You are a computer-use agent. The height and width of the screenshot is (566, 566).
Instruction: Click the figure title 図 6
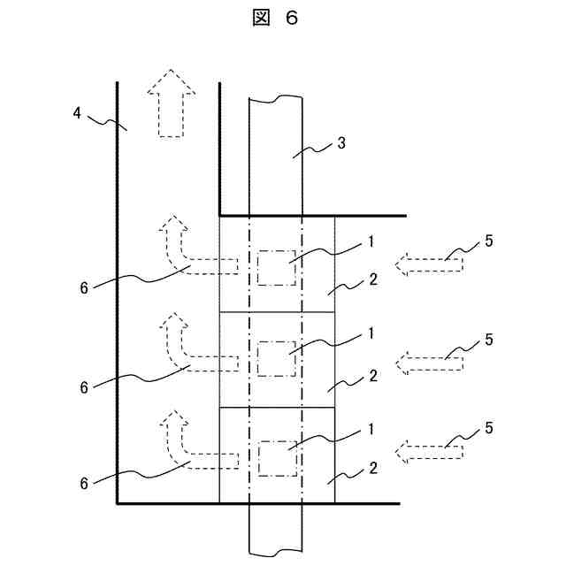276,19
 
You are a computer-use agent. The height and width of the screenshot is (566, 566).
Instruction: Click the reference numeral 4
79,112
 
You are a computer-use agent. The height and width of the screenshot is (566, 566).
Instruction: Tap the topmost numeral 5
490,241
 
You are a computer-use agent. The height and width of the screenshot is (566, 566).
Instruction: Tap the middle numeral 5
490,339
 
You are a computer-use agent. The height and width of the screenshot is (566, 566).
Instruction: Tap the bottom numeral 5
490,431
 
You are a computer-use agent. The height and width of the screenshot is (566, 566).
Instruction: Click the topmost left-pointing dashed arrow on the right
429,262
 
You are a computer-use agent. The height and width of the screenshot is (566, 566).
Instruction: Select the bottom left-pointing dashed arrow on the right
429,453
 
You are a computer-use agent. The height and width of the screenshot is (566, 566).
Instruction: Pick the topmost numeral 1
372,240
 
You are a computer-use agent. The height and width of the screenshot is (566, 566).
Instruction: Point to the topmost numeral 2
373,279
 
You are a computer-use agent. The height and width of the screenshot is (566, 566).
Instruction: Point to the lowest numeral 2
373,468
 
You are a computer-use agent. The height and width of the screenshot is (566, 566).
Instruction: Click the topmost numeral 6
84,287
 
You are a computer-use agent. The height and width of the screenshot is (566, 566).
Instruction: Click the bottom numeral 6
84,484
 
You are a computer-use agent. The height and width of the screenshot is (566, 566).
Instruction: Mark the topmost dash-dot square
276,267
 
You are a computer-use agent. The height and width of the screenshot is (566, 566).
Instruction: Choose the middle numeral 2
373,375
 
